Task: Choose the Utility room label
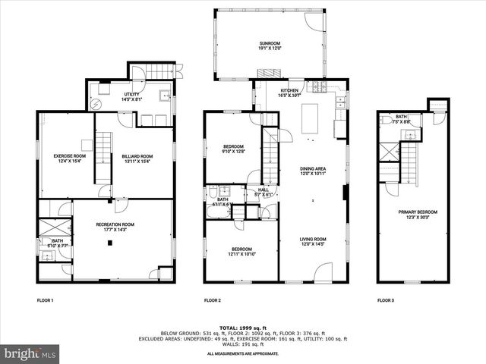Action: [131, 96]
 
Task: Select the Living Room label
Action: [312, 242]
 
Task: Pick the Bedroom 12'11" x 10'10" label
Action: [242, 252]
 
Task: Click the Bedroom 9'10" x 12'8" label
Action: [233, 149]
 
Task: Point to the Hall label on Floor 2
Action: [263, 193]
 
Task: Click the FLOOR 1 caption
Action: [46, 301]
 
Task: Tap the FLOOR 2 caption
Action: [213, 301]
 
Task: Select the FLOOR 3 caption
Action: [386, 301]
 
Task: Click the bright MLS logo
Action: [30, 353]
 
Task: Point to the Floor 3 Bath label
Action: [402, 119]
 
